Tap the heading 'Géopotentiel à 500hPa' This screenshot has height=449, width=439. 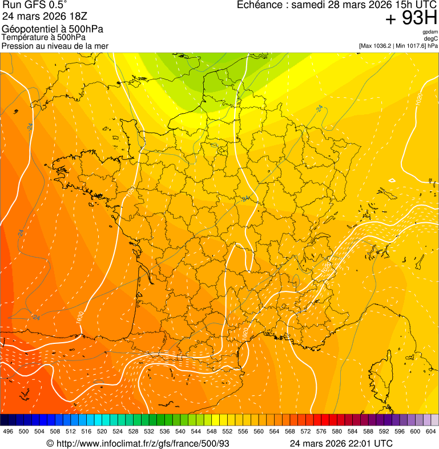click(x=53, y=29)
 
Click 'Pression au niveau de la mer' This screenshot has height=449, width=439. click(x=55, y=46)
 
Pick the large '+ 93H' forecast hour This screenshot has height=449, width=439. click(x=411, y=19)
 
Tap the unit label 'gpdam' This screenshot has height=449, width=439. click(x=430, y=33)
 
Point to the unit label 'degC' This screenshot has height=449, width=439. click(x=431, y=39)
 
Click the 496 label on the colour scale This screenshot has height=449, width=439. click(x=8, y=431)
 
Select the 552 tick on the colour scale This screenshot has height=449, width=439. click(x=227, y=431)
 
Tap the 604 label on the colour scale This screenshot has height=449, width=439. click(x=431, y=431)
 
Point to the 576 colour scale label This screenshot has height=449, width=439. click(x=321, y=431)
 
